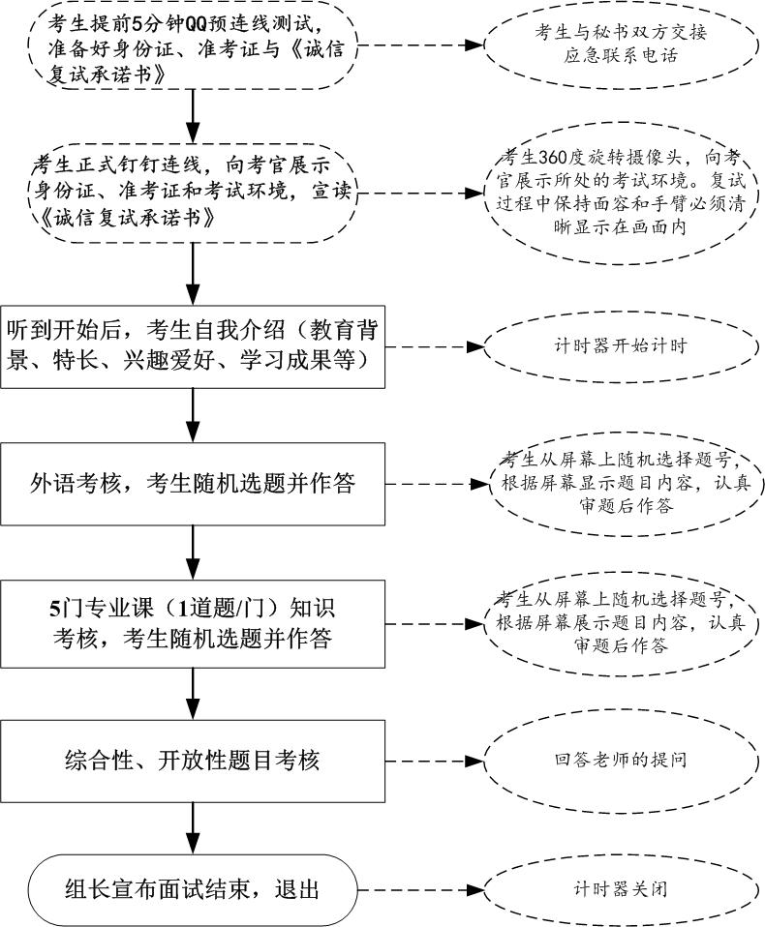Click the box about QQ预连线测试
point(194,46)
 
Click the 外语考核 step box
point(194,483)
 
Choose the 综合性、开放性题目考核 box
point(194,761)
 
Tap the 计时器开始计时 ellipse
point(621,345)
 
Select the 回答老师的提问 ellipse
point(621,761)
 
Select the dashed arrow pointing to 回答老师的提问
point(426,761)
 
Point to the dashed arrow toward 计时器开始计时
point(426,345)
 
